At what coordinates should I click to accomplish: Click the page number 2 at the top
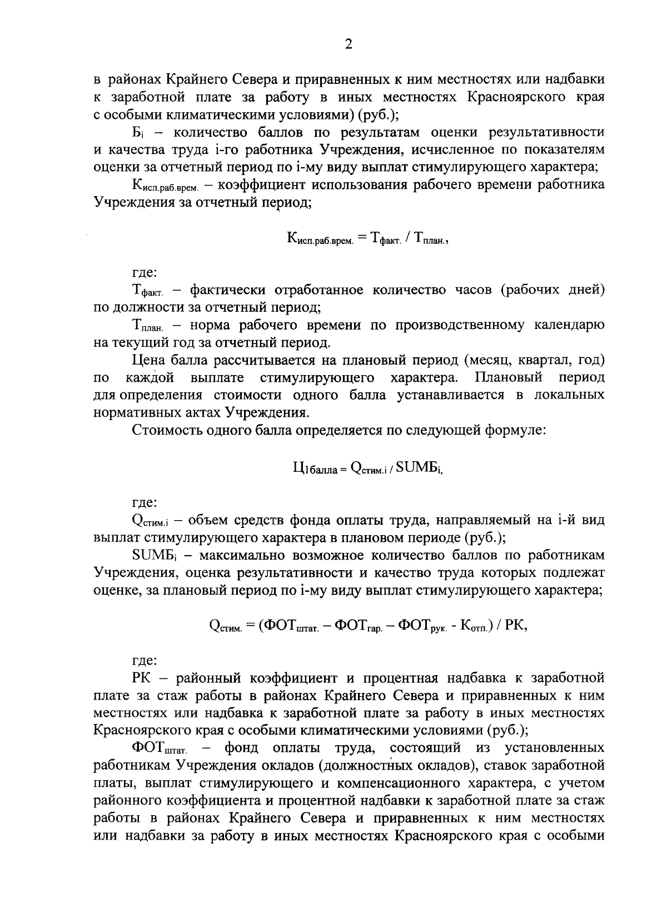click(x=349, y=45)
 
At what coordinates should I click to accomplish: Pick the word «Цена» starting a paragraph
click(x=149, y=360)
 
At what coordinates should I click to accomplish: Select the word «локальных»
click(x=569, y=395)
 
